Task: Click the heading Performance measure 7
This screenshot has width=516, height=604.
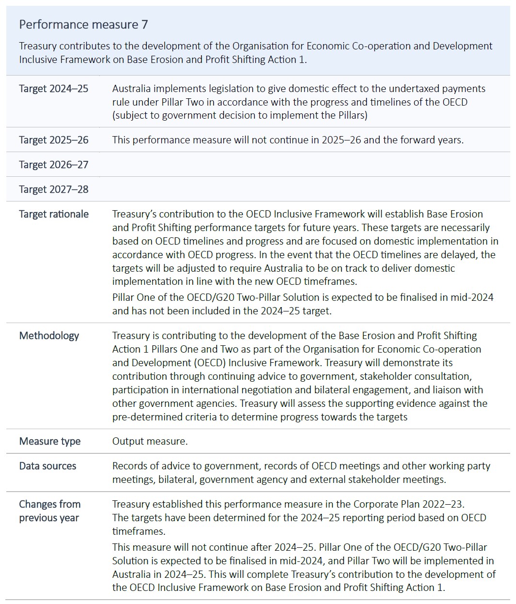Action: tap(83, 25)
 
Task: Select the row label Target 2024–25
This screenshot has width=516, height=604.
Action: tap(54, 89)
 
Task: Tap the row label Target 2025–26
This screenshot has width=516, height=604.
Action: tap(54, 140)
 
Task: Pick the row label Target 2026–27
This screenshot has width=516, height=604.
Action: tap(54, 165)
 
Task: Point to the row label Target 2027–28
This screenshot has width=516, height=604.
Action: tap(54, 189)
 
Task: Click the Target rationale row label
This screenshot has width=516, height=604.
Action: tap(54, 214)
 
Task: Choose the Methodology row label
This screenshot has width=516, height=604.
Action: tap(49, 336)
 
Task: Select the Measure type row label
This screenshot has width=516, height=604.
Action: tap(50, 441)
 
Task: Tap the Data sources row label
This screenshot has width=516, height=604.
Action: tap(47, 466)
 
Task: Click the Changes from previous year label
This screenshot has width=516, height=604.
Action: tap(49, 511)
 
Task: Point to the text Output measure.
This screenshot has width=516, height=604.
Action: tap(150, 441)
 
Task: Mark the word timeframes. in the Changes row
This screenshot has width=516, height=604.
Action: tap(139, 531)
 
